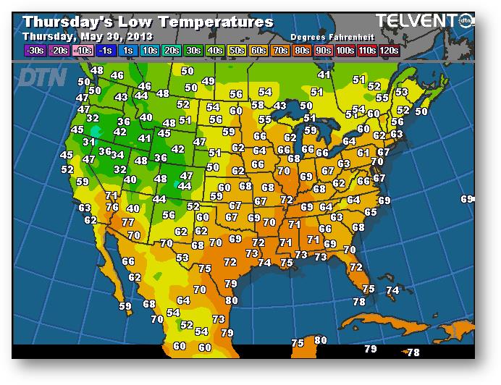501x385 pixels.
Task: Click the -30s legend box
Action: click(34, 50)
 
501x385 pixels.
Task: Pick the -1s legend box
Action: click(105, 50)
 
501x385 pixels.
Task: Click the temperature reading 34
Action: click(117, 155)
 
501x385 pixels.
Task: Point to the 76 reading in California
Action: click(111, 207)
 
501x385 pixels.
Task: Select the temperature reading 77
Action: click(128, 222)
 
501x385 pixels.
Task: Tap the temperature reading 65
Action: click(370, 212)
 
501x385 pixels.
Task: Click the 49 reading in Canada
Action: click(209, 81)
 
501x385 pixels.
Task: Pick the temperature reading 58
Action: click(258, 105)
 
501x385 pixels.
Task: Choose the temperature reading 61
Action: click(363, 153)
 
